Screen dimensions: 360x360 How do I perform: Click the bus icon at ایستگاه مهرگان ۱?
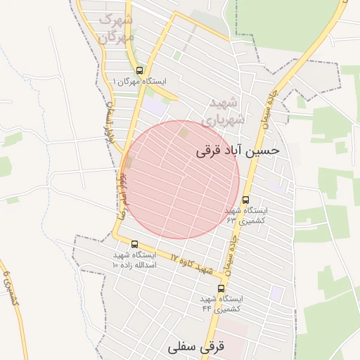[x=139, y=70]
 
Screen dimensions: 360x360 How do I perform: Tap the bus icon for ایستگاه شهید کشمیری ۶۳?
[x=245, y=199]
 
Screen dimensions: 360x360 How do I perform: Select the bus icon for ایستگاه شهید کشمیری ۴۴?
[x=221, y=288]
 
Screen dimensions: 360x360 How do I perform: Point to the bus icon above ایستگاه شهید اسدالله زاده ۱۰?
[x=134, y=244]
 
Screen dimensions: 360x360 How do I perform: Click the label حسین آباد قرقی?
[x=237, y=150]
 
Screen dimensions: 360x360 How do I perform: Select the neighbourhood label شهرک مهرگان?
[x=117, y=26]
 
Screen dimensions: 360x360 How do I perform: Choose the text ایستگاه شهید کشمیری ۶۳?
[x=245, y=215]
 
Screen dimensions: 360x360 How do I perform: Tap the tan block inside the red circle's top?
[x=184, y=131]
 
